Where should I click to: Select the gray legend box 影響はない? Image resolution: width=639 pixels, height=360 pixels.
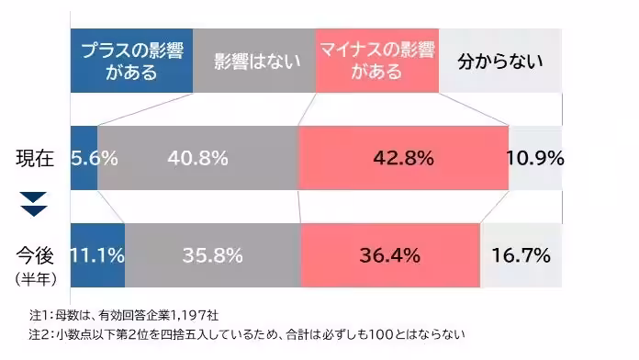pos(254,62)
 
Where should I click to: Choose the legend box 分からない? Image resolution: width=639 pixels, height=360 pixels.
pos(499,62)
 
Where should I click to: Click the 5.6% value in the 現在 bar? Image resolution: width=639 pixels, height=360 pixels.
pos(94,158)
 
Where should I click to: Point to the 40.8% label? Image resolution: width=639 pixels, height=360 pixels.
pos(197,158)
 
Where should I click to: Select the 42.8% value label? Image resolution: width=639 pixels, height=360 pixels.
pos(403,158)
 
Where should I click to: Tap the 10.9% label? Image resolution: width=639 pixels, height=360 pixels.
pos(535,158)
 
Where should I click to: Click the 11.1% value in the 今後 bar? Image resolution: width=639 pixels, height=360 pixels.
pos(97,254)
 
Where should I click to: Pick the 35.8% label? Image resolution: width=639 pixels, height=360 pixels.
pos(212,254)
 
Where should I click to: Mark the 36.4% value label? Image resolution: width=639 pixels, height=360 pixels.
pos(390,254)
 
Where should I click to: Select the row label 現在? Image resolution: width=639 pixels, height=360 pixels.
pos(35,158)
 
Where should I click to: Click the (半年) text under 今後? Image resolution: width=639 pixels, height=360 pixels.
pos(35,275)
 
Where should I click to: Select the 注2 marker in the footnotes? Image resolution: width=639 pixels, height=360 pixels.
pos(40,333)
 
